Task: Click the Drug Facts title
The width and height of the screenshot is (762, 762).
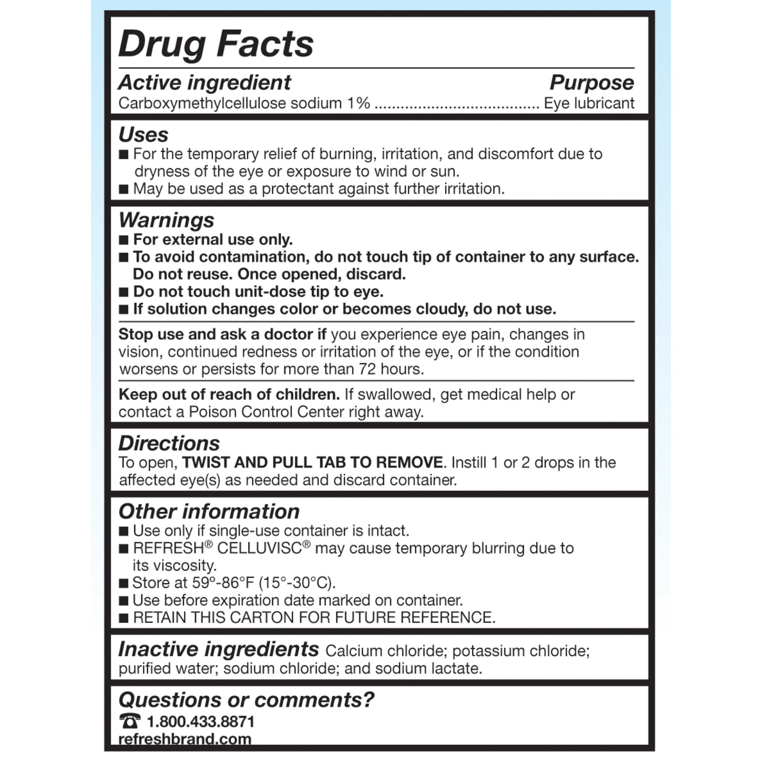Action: pyautogui.click(x=216, y=44)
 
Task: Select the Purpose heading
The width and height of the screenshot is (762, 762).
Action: pyautogui.click(x=592, y=82)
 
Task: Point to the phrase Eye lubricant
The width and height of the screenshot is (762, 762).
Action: pyautogui.click(x=589, y=103)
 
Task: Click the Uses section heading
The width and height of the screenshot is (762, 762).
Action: pyautogui.click(x=143, y=134)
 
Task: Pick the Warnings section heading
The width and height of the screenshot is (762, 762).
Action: pyautogui.click(x=166, y=220)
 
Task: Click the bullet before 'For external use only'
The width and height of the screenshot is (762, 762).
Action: pyautogui.click(x=124, y=240)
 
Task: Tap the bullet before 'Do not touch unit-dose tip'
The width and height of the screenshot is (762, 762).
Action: pyautogui.click(x=124, y=292)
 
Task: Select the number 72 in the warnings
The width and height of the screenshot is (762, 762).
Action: pyautogui.click(x=367, y=369)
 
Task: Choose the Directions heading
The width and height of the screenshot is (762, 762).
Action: pyautogui.click(x=169, y=443)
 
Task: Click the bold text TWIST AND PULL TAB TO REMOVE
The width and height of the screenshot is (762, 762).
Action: pyautogui.click(x=312, y=462)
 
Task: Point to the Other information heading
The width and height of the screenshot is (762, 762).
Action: pyautogui.click(x=209, y=512)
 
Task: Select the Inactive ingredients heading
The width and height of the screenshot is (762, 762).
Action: pyautogui.click(x=218, y=649)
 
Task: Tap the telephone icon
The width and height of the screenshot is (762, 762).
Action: pyautogui.click(x=130, y=721)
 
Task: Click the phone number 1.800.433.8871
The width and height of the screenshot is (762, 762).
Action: pyautogui.click(x=201, y=722)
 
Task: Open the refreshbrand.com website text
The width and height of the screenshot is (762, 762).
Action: pyautogui.click(x=184, y=739)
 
